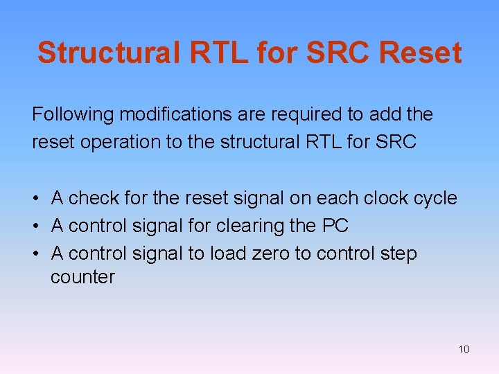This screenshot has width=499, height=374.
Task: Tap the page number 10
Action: [x=464, y=349]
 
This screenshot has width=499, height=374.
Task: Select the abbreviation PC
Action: [x=335, y=226]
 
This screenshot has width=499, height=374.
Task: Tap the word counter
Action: [x=82, y=278]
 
